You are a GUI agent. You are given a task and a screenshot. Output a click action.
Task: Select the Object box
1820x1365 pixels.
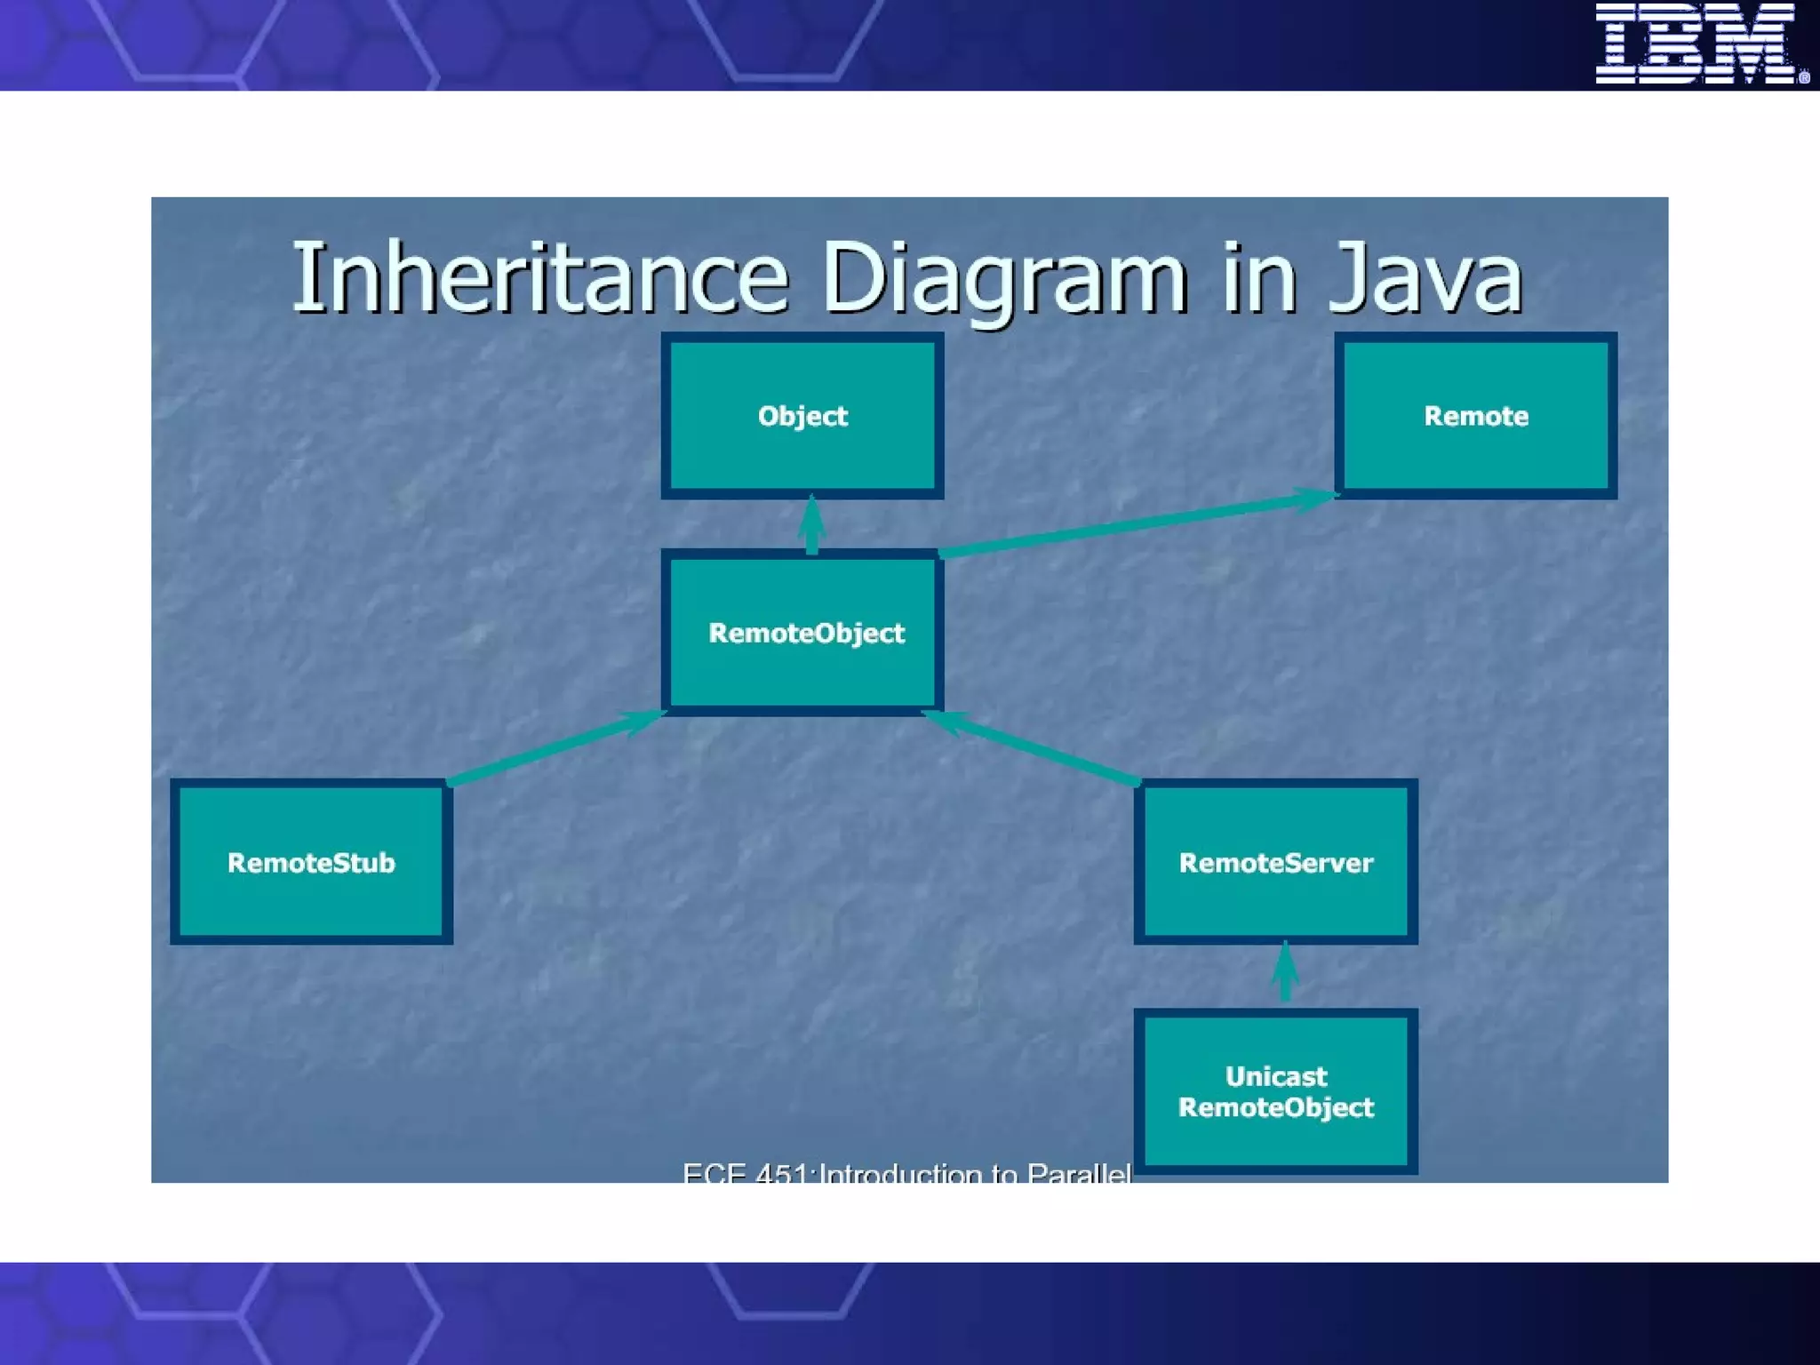(x=802, y=416)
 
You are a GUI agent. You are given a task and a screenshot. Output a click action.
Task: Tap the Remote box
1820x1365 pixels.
(x=1475, y=416)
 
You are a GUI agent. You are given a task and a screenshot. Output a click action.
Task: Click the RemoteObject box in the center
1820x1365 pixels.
(x=802, y=633)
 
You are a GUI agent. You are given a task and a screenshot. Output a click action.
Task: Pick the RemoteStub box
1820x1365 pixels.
(x=311, y=862)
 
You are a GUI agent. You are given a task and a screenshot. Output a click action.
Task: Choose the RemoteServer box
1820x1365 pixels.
(x=1275, y=862)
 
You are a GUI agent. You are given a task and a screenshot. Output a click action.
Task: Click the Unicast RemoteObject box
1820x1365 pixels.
(x=1275, y=1091)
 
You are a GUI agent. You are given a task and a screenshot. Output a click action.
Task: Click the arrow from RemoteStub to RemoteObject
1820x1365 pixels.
(x=555, y=746)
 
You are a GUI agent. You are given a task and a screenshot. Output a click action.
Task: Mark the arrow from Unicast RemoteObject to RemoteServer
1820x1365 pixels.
(x=1285, y=974)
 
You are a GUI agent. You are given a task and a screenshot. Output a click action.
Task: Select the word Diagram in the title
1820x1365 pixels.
(x=1004, y=278)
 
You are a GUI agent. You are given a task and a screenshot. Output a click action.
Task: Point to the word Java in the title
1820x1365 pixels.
(x=1425, y=278)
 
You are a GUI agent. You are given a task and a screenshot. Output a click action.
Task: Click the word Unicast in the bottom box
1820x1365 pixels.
(x=1275, y=1076)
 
